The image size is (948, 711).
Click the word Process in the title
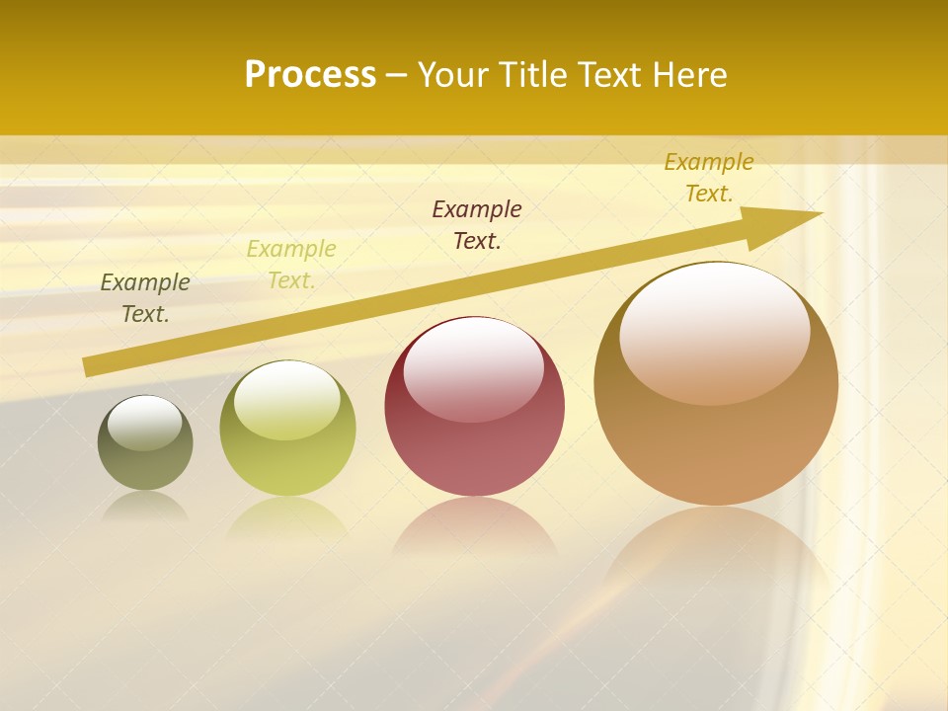pos(310,75)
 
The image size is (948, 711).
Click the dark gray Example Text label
pos(145,298)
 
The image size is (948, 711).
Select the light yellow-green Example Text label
pos(291,265)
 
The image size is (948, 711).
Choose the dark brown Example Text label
pos(477,224)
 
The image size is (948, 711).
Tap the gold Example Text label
pos(709,178)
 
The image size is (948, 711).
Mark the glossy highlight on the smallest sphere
pos(145,423)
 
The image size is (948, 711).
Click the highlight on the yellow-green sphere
pos(287,400)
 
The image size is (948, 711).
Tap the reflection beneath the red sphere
pos(475,528)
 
